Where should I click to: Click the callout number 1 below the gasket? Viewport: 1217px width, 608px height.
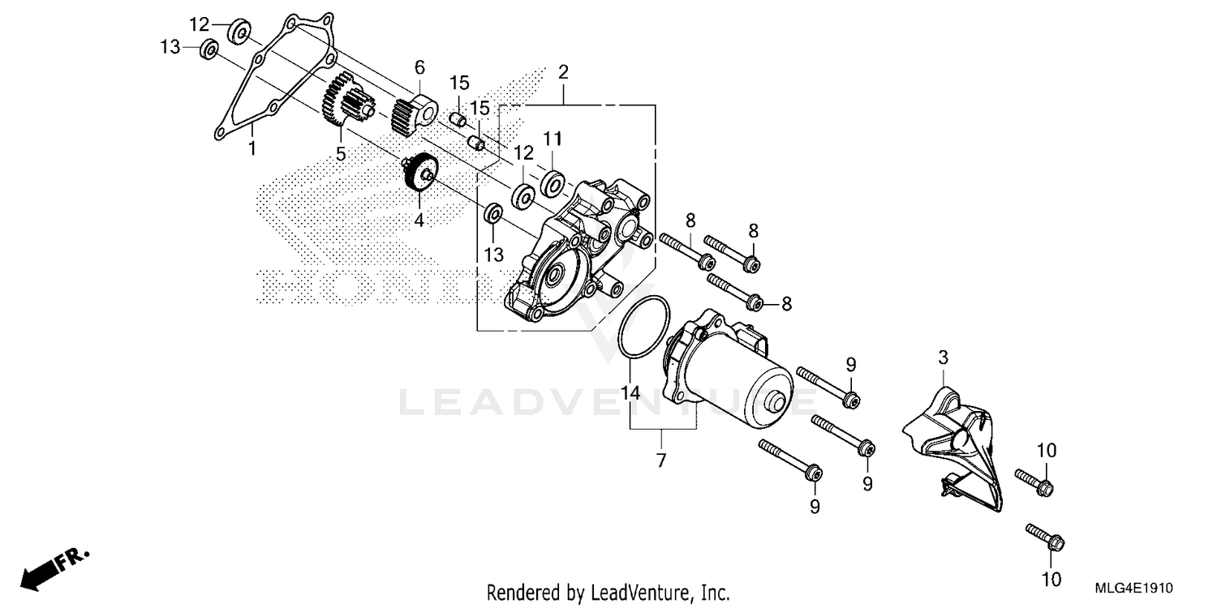click(252, 148)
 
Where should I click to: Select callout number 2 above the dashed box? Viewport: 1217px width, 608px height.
click(562, 72)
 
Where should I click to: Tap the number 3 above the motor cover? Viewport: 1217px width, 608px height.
click(943, 358)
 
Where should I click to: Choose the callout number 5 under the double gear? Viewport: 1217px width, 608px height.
click(341, 153)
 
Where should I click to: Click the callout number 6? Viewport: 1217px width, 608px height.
click(419, 66)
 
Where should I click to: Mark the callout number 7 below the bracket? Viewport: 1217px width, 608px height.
click(660, 460)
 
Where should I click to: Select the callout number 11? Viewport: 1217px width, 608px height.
click(553, 139)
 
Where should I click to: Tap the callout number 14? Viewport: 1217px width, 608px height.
click(630, 393)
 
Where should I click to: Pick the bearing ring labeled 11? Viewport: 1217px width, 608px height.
click(553, 184)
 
